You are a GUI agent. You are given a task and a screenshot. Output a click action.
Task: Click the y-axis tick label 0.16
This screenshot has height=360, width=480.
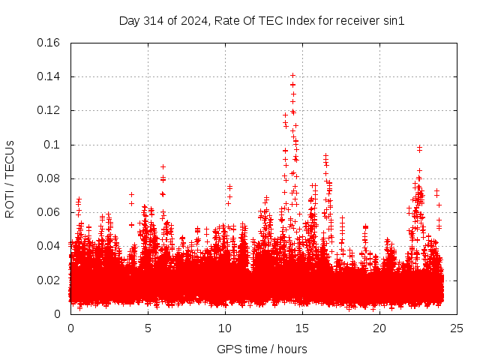pyautogui.click(x=49, y=43)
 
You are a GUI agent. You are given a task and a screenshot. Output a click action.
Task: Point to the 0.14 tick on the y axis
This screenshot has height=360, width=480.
pyautogui.click(x=49, y=76)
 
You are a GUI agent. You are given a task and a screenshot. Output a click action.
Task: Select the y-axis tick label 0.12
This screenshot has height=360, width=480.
pyautogui.click(x=49, y=110)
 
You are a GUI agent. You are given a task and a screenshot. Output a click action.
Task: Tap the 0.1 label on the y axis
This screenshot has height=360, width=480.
pyautogui.click(x=53, y=145)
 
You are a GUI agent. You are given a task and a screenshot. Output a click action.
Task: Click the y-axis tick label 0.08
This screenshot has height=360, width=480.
pyautogui.click(x=49, y=178)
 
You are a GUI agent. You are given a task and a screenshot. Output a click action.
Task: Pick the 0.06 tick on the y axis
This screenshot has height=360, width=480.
pyautogui.click(x=49, y=212)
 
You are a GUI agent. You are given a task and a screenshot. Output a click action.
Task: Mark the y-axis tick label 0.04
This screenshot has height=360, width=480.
pyautogui.click(x=49, y=246)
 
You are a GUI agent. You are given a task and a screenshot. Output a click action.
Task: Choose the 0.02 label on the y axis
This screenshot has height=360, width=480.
pyautogui.click(x=49, y=280)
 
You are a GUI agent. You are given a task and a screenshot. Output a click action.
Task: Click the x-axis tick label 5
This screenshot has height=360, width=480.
pyautogui.click(x=148, y=328)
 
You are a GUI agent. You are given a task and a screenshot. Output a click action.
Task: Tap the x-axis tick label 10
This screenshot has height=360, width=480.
pyautogui.click(x=225, y=328)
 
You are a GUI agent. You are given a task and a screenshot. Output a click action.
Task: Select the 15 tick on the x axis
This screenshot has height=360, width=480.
pyautogui.click(x=302, y=328)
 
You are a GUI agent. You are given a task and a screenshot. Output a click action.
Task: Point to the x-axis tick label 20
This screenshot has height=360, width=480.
pyautogui.click(x=379, y=328)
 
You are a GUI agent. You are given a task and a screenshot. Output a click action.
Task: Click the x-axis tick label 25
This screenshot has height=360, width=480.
pyautogui.click(x=457, y=328)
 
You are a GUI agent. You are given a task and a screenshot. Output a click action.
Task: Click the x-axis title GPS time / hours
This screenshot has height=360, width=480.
pyautogui.click(x=262, y=349)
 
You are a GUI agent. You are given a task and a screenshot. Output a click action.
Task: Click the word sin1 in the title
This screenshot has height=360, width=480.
pyautogui.click(x=394, y=21)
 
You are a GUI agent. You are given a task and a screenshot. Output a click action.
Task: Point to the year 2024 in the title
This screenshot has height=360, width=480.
pyautogui.click(x=190, y=21)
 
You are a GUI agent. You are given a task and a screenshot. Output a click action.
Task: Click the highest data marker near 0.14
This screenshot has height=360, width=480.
pyautogui.click(x=292, y=75)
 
